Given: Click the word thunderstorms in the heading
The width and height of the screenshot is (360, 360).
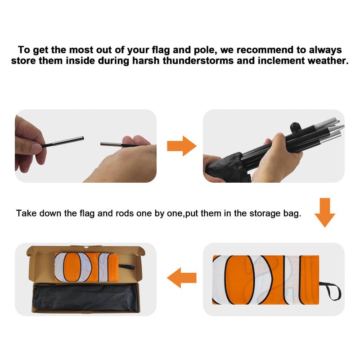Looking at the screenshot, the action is pyautogui.click(x=198, y=61).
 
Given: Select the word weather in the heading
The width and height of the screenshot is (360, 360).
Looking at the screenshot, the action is pyautogui.click(x=328, y=61).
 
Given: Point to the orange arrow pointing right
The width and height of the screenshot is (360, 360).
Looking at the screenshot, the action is pyautogui.click(x=182, y=146).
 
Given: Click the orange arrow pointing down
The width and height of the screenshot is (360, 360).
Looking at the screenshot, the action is pyautogui.click(x=324, y=212).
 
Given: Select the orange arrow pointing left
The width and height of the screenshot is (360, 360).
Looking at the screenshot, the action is pyautogui.click(x=182, y=278).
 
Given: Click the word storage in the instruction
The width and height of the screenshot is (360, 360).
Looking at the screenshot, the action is pyautogui.click(x=265, y=214).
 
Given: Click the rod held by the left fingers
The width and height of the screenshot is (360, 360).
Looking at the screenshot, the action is pyautogui.click(x=63, y=142).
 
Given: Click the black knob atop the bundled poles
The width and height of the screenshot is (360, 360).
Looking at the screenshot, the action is pyautogui.click(x=295, y=126).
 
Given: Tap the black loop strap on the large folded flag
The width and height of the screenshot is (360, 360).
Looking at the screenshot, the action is pyautogui.click(x=331, y=291).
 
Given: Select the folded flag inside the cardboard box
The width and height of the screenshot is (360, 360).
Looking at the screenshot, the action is pyautogui.click(x=86, y=267).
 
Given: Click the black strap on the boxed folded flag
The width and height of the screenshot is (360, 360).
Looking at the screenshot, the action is pyautogui.click(x=126, y=267).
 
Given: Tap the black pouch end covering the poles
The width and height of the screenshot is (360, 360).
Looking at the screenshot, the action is pyautogui.click(x=227, y=168).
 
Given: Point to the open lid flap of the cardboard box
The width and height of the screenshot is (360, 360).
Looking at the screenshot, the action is pyautogui.click(x=86, y=250).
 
